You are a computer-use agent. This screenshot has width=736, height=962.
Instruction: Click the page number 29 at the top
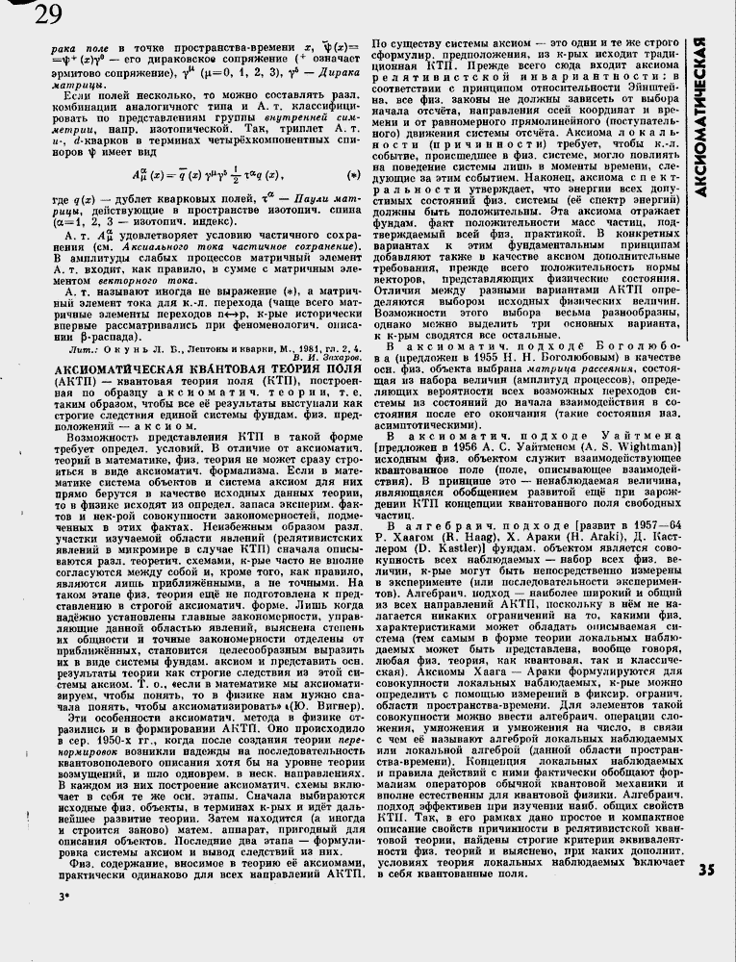44,14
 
